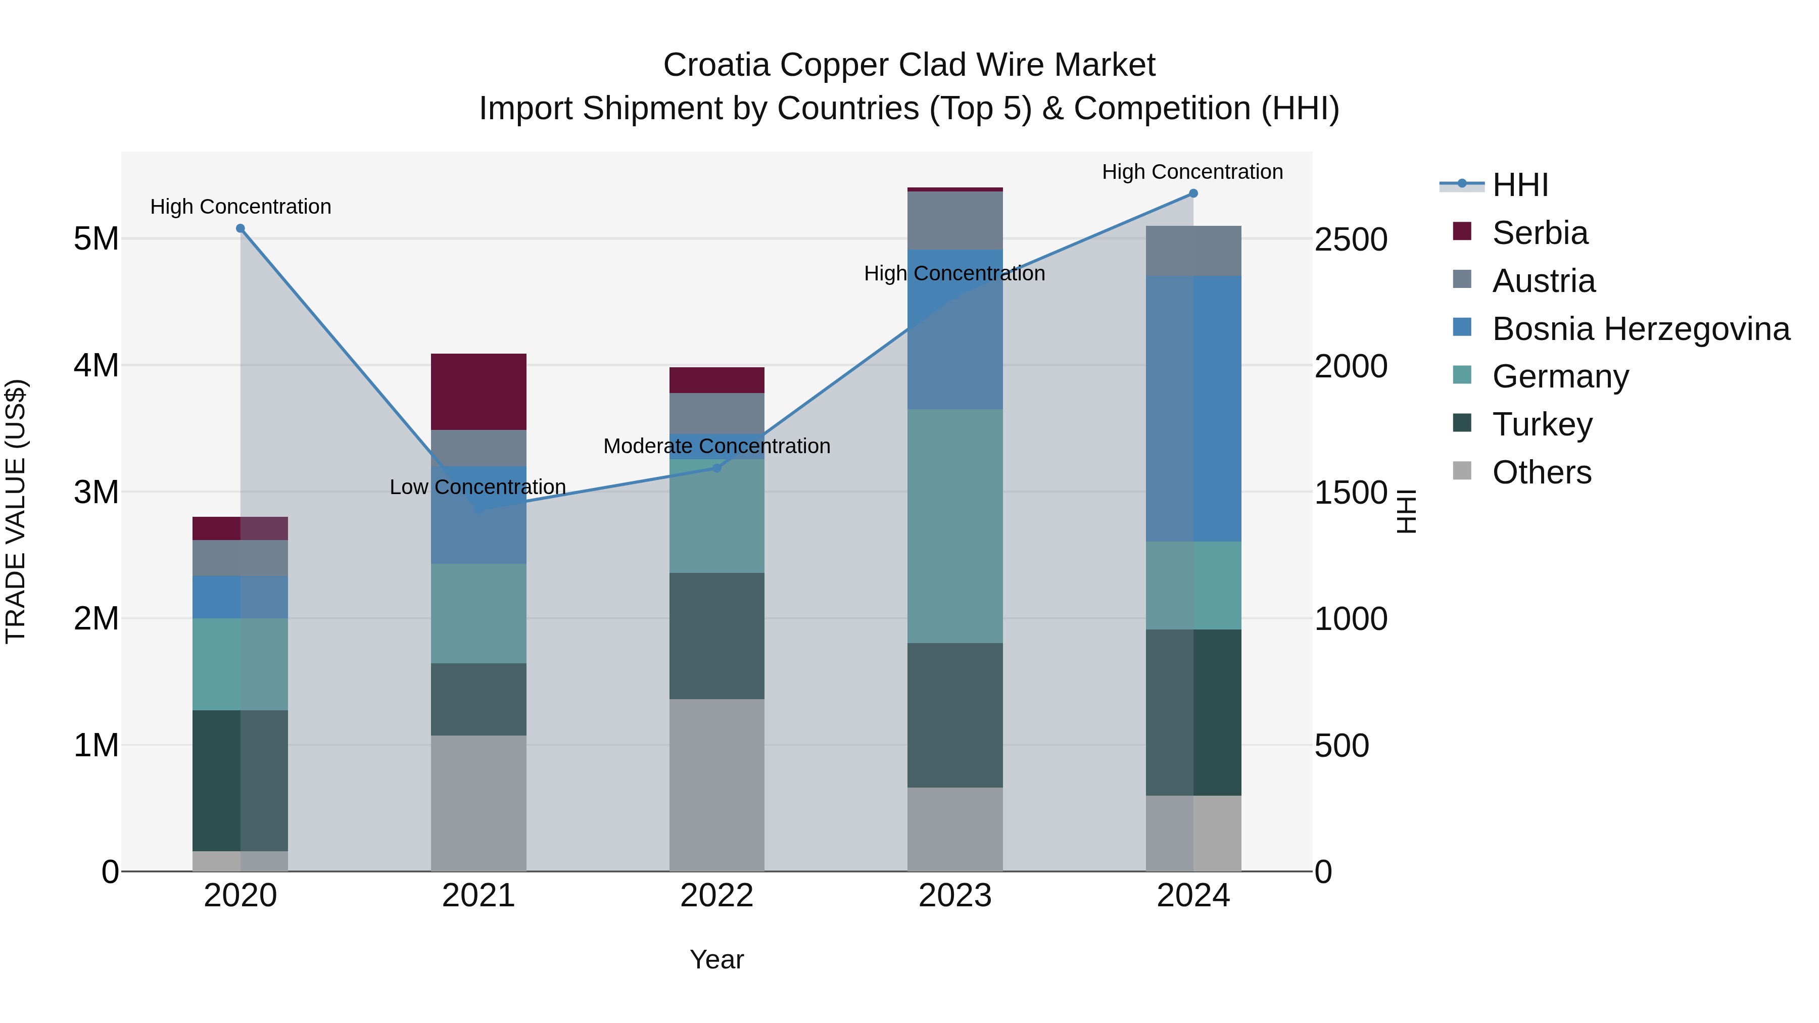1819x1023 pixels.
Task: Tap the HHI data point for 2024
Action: [x=1193, y=193]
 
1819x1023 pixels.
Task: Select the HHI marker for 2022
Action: [x=716, y=468]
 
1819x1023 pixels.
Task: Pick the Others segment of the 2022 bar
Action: [x=716, y=785]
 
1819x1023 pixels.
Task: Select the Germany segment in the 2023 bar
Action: [x=954, y=526]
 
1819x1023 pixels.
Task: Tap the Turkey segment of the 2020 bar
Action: [x=240, y=780]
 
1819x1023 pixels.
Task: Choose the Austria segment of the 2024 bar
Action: [x=1193, y=251]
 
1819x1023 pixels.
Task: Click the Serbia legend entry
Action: [x=1540, y=233]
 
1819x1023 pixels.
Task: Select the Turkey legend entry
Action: [x=1542, y=424]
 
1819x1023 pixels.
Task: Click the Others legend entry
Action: [x=1542, y=472]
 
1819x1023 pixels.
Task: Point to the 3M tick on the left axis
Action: [x=96, y=492]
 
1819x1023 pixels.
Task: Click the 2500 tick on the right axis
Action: [x=1350, y=239]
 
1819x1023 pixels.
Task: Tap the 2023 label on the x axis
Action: [x=954, y=896]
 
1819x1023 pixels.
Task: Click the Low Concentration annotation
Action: [x=477, y=487]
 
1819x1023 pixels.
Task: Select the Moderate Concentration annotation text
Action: [x=716, y=446]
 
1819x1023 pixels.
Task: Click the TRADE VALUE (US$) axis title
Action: [x=16, y=511]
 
